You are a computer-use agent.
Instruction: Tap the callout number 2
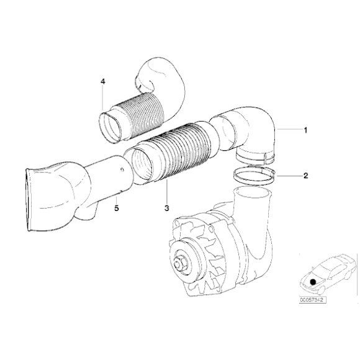[305, 176]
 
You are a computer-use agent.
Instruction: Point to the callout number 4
[104, 81]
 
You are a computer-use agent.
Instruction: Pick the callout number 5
[116, 209]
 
